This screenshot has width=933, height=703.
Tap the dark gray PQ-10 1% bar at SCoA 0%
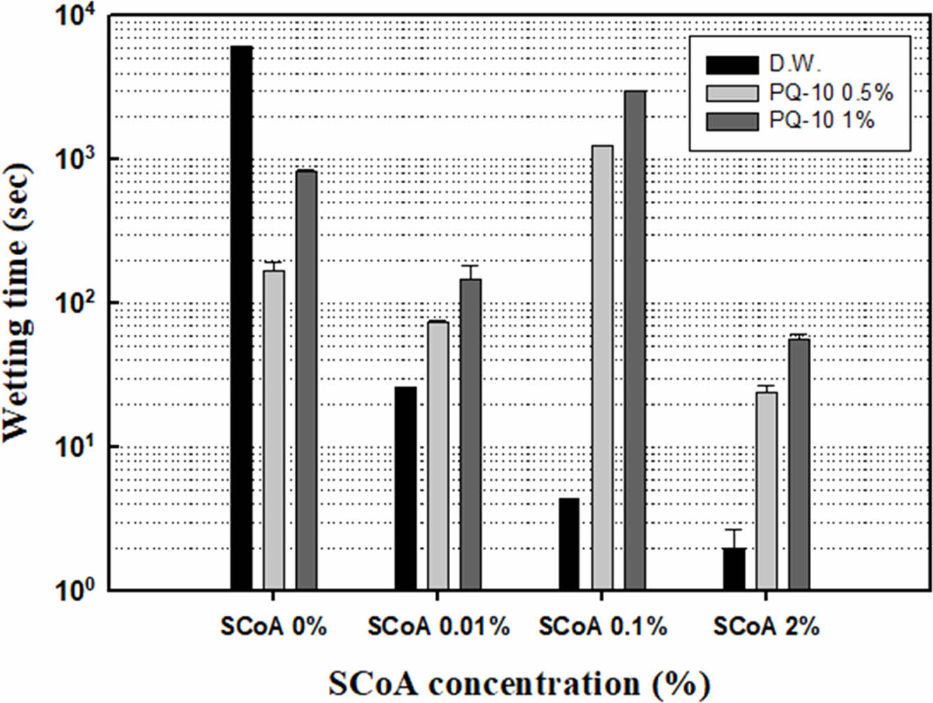point(307,380)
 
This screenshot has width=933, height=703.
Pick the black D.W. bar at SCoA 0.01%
point(406,488)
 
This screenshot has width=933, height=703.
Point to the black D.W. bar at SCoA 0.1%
point(569,544)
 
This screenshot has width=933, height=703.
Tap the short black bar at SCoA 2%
point(734,569)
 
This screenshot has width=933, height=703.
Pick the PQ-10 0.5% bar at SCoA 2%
point(767,491)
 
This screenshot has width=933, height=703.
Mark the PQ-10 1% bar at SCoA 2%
point(799,464)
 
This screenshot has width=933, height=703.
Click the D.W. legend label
point(795,64)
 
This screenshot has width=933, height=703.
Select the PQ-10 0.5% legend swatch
point(732,93)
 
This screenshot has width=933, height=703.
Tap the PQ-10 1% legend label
point(822,121)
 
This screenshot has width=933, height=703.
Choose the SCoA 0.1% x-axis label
point(603,627)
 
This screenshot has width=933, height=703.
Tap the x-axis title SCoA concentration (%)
point(519,683)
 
